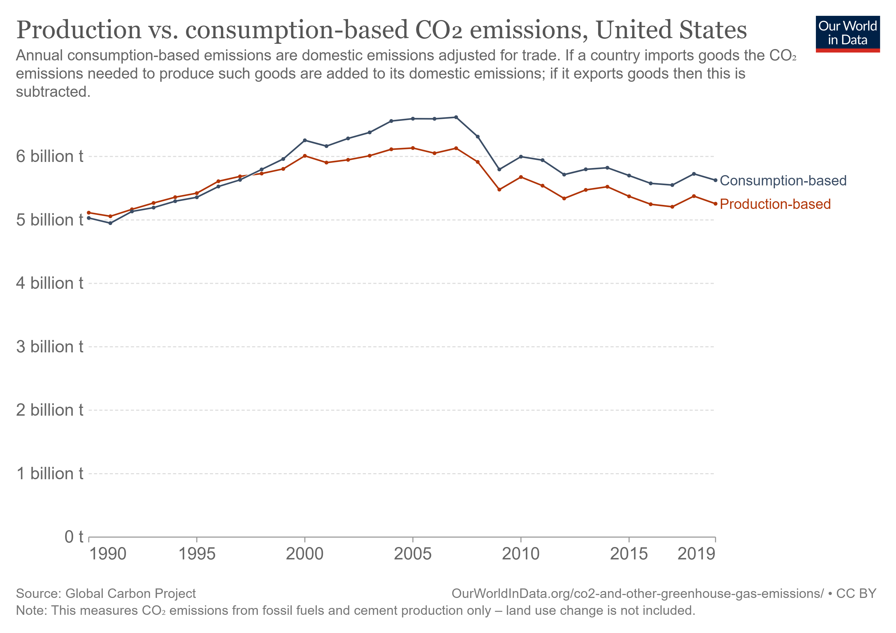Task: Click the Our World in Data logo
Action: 847,33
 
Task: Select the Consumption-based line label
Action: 783,181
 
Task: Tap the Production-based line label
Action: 775,204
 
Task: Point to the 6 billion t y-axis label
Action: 49,157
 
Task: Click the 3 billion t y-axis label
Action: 49,347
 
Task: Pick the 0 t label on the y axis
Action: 74,537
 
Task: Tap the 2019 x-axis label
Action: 696,554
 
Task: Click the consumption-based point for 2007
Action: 456,117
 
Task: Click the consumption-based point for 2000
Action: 305,140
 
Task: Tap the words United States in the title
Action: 671,30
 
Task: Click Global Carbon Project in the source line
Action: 130,593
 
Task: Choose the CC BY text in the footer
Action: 856,593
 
